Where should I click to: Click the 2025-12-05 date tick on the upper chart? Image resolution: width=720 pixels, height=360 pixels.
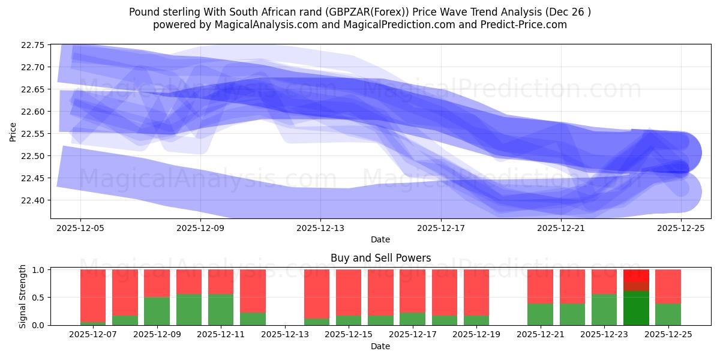80,228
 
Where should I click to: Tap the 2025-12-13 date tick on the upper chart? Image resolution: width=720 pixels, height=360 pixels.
320,228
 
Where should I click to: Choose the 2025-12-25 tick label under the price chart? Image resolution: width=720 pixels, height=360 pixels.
680,228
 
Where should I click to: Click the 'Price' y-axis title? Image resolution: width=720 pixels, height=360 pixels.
13,131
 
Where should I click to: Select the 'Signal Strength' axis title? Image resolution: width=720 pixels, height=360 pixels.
22,296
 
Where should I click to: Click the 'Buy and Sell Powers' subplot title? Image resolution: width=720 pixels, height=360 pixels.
380,259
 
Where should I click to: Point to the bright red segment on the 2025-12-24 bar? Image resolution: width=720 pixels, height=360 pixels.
636,275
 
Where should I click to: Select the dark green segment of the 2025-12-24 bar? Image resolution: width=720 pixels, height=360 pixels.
636,308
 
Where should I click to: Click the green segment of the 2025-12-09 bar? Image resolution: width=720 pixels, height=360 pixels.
157,311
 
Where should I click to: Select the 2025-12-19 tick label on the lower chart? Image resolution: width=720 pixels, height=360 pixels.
476,334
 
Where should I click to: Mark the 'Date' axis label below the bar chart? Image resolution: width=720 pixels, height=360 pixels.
380,346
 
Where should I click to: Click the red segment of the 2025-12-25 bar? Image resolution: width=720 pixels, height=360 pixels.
668,286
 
